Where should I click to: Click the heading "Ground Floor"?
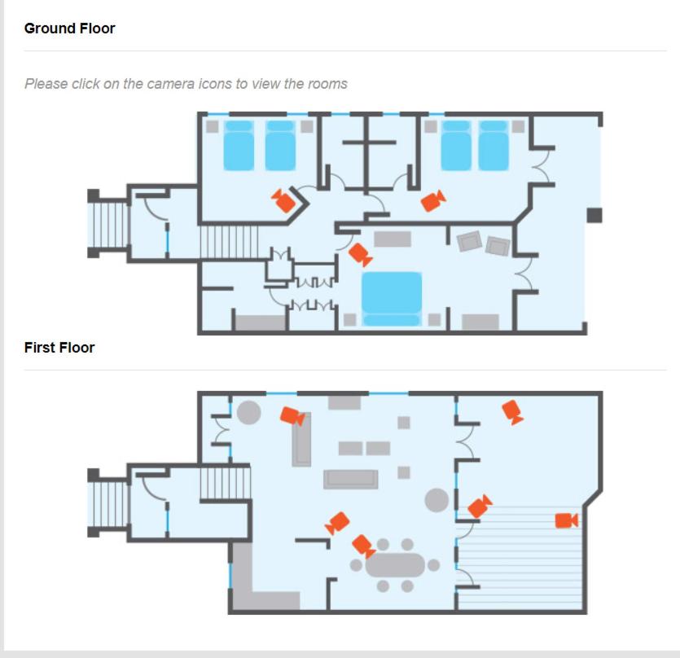(70, 29)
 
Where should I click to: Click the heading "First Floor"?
(59, 348)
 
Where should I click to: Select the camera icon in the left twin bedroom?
(283, 201)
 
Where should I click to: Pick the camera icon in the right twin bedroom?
(433, 201)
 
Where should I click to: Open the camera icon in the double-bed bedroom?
(361, 254)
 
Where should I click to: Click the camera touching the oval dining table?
(363, 546)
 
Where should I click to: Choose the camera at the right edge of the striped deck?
(566, 520)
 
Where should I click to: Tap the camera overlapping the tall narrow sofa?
(292, 416)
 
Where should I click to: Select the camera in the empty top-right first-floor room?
(512, 412)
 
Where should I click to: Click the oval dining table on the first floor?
(395, 564)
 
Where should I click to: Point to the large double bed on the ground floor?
(392, 299)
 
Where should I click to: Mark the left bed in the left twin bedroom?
(239, 145)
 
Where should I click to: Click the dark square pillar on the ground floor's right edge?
(594, 215)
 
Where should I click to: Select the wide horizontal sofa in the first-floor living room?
(351, 480)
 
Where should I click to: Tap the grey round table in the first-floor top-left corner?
(248, 413)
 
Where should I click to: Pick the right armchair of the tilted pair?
(498, 246)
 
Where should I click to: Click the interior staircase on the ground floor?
(229, 242)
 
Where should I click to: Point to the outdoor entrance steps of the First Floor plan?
(108, 502)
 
